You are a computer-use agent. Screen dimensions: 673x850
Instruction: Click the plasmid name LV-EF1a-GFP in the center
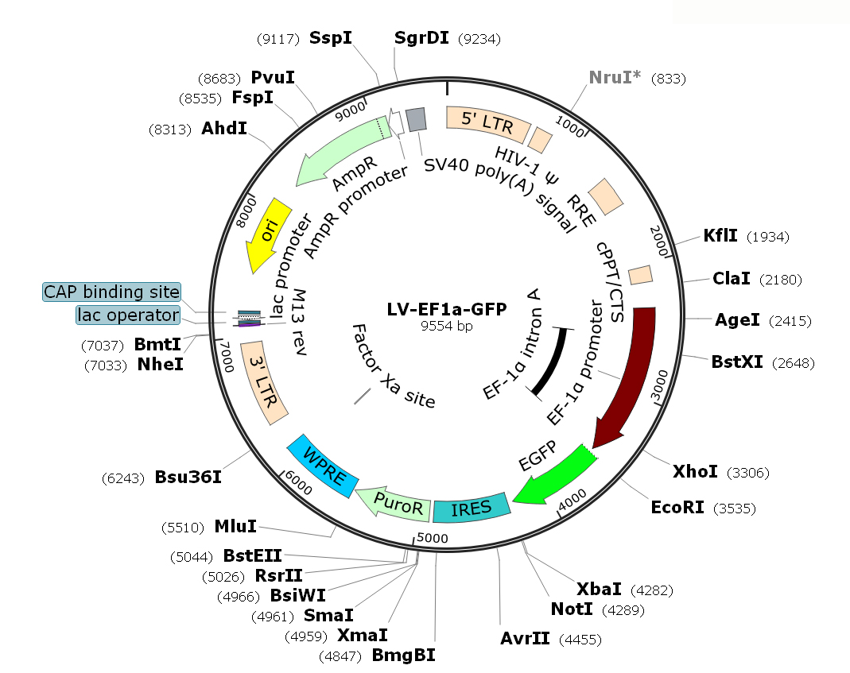click(x=446, y=310)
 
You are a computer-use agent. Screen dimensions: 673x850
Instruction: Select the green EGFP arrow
click(x=554, y=475)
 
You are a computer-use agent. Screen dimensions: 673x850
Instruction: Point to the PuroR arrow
click(x=392, y=501)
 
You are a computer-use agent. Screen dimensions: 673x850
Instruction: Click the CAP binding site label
click(x=112, y=292)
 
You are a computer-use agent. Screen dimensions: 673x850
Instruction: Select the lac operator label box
click(x=127, y=315)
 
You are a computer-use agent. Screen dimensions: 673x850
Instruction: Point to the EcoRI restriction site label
click(x=677, y=507)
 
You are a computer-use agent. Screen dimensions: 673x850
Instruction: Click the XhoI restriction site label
click(x=695, y=473)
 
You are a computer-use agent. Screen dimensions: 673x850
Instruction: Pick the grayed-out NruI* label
click(x=615, y=78)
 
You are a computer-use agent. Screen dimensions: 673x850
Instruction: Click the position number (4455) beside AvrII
click(x=580, y=640)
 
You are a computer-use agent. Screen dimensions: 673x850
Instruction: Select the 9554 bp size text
click(x=445, y=325)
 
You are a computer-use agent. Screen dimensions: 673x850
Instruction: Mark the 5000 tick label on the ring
click(x=433, y=538)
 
